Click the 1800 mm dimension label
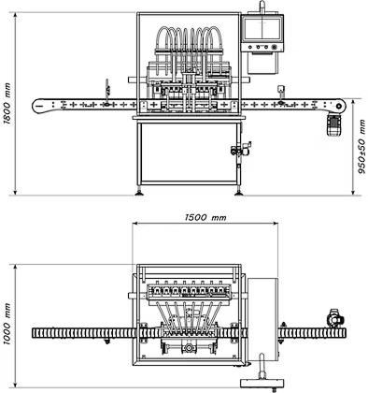7,104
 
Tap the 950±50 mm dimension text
361,147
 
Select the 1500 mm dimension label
205,217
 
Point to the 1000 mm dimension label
7,324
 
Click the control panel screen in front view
262,29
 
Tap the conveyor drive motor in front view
333,124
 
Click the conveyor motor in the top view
334,318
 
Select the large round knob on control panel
274,48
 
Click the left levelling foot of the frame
139,191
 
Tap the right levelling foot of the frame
239,191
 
